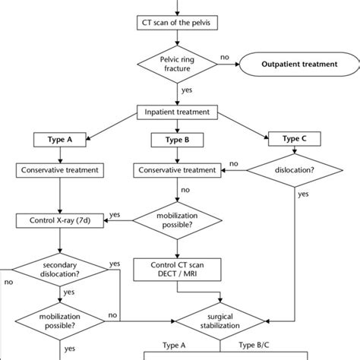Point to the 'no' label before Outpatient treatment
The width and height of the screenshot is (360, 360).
(x=224, y=56)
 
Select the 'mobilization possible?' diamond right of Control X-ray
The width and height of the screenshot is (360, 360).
(x=178, y=220)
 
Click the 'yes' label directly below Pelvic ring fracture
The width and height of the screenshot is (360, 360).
(x=185, y=90)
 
